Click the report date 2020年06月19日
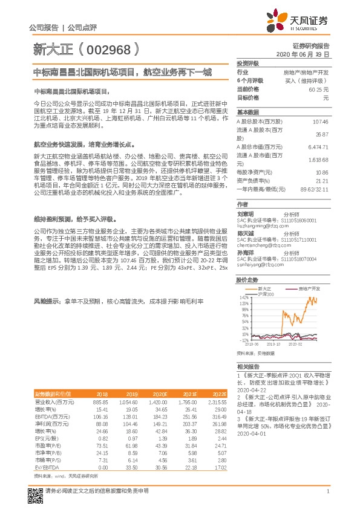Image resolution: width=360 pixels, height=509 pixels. pos(304,55)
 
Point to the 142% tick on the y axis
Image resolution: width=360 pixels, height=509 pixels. pos(244,298)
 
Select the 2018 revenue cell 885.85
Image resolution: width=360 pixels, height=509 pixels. pos(99,401)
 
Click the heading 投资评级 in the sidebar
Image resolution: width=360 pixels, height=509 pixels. pos(248,63)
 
